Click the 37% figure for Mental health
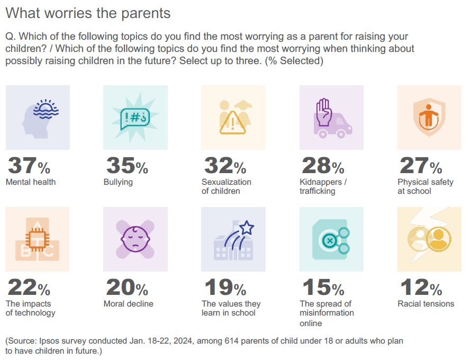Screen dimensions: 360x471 point(29,166)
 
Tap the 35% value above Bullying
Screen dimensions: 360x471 point(127,166)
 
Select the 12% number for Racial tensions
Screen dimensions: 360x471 point(421,288)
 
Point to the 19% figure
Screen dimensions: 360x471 point(225,288)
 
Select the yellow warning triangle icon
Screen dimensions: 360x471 point(233,123)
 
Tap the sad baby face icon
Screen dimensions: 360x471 point(135,240)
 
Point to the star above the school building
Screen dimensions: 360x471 point(247,229)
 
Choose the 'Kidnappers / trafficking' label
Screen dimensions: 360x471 point(323,186)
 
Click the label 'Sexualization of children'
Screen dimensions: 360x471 point(227,186)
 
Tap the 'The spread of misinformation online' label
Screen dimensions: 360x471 point(327,313)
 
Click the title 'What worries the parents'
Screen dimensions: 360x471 point(88,13)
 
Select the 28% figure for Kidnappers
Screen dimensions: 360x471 point(323,166)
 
